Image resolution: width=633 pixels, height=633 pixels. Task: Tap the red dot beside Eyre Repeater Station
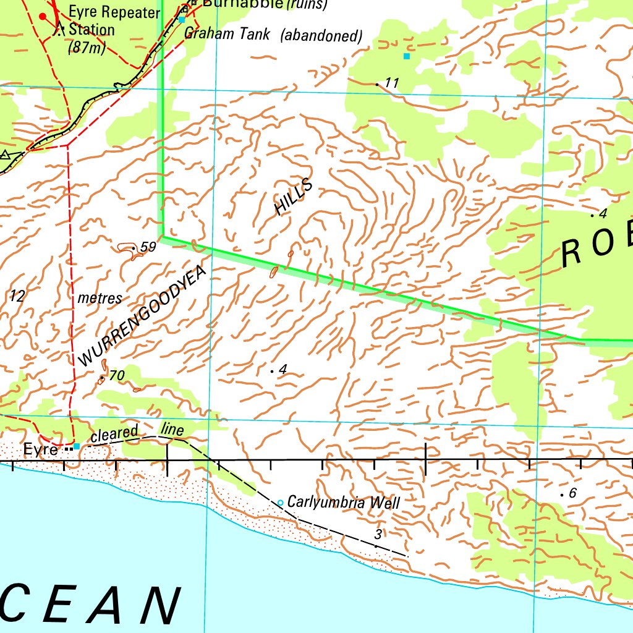[43, 16]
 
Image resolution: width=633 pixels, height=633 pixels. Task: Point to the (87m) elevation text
[87, 47]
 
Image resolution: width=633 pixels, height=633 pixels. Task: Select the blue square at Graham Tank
[182, 20]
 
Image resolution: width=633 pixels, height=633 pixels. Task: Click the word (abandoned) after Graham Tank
[321, 36]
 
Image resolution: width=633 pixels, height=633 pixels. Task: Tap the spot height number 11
[392, 83]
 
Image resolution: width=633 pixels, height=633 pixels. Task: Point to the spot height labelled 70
[116, 375]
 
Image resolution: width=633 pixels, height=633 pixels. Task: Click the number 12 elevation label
[17, 297]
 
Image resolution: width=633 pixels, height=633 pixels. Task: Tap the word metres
[100, 298]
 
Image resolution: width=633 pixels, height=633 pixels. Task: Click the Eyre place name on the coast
[41, 450]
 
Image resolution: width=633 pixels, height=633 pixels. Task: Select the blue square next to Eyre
[77, 446]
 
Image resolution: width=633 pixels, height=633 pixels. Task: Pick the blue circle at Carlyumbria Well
[280, 503]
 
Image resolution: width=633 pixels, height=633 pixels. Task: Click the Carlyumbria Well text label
[344, 503]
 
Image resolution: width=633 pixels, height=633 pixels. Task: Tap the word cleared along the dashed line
[114, 434]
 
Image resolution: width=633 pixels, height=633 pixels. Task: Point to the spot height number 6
[572, 493]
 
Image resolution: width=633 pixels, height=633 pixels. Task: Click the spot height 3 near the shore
[378, 534]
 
